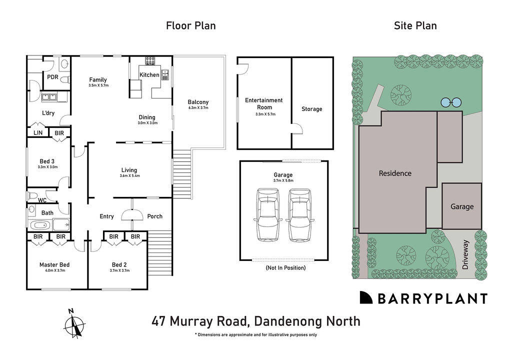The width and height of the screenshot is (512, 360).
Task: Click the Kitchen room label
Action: tap(149, 75)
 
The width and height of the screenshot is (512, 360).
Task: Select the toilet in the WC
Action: tap(33, 195)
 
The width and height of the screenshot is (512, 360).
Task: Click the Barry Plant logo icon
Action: tap(366, 298)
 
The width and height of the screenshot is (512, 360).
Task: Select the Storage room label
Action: tap(311, 109)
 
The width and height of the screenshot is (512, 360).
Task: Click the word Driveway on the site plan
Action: tap(466, 255)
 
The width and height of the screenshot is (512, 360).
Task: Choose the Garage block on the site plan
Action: tap(461, 206)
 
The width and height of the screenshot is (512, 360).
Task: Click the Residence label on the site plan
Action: tap(395, 173)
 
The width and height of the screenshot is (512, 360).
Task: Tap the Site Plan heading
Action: tap(415, 25)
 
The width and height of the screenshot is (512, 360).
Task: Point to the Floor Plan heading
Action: tap(191, 25)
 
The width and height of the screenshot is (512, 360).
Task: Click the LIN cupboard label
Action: tap(38, 133)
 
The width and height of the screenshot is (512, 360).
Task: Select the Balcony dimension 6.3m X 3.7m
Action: tap(198, 108)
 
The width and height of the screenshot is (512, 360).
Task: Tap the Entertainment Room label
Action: tap(263, 103)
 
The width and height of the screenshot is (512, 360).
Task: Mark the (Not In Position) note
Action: tap(285, 268)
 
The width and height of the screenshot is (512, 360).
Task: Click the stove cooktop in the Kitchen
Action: tap(150, 61)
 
